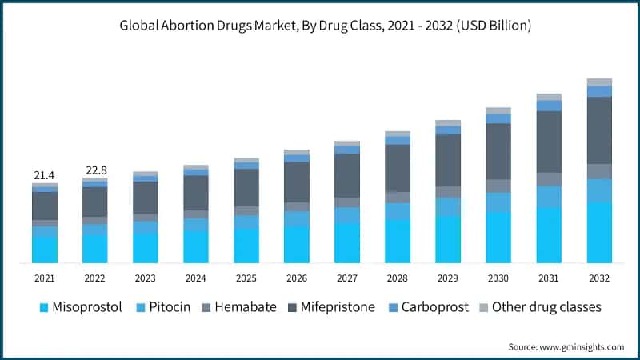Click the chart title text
click(x=320, y=26)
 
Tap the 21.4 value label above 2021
click(x=44, y=174)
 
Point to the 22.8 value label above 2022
click(x=95, y=170)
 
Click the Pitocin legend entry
click(x=163, y=307)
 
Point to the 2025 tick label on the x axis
click(x=246, y=278)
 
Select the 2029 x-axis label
click(x=448, y=278)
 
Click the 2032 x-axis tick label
click(x=599, y=278)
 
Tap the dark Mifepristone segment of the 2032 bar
click(x=599, y=130)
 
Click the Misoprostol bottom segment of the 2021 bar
click(x=44, y=250)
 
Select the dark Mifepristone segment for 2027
click(x=347, y=175)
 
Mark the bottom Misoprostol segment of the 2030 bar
click(x=498, y=238)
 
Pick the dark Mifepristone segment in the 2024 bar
click(x=196, y=193)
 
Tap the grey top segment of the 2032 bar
click(x=599, y=82)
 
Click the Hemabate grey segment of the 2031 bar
click(x=549, y=179)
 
